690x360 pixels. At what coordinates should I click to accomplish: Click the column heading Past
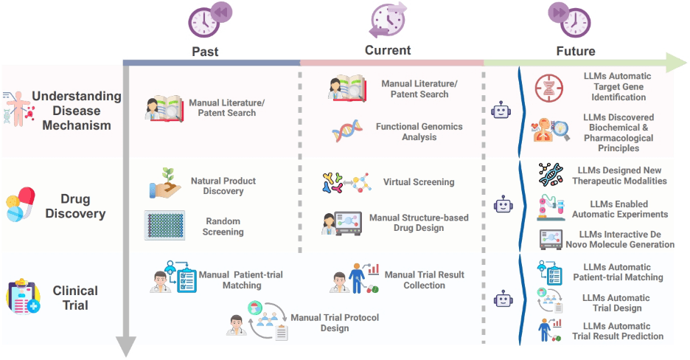[205, 52]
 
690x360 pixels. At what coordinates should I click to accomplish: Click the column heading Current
[388, 50]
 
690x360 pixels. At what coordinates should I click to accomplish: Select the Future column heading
[575, 52]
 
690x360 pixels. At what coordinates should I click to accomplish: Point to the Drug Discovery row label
[74, 207]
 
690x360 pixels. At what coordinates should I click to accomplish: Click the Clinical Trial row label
[75, 298]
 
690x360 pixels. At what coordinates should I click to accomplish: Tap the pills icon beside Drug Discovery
[19, 204]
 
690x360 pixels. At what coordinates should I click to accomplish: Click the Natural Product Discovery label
[223, 186]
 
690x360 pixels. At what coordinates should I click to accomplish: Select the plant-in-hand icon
[164, 184]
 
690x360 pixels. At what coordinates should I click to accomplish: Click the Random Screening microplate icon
[165, 225]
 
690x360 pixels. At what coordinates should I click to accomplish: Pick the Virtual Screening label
[419, 182]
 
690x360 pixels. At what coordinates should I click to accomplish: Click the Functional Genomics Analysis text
[419, 131]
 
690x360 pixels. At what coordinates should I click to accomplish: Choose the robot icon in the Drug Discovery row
[503, 204]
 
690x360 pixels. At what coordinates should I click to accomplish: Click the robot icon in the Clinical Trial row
[503, 298]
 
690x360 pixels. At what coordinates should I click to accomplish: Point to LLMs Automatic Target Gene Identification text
[617, 86]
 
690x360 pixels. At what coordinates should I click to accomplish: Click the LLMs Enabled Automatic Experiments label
[619, 209]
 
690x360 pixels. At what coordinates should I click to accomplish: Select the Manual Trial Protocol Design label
[324, 323]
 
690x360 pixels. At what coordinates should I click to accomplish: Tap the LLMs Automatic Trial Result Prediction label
[618, 330]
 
